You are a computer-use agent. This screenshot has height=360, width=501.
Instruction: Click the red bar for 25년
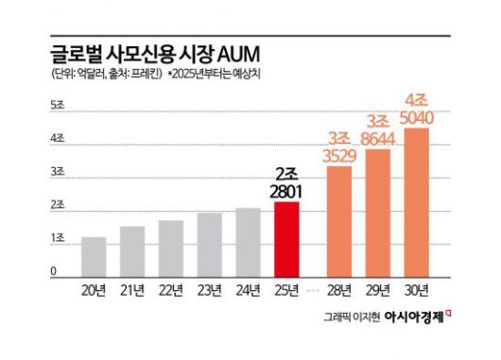pos(286,240)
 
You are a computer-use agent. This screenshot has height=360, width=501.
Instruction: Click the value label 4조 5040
pos(416,109)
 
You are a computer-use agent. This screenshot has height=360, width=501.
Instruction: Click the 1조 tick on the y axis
pos(57,237)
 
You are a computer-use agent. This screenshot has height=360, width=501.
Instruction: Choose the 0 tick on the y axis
pos(54,271)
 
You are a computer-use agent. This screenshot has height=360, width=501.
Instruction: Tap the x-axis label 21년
pos(132,289)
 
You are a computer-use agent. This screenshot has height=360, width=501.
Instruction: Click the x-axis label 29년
pos(378,289)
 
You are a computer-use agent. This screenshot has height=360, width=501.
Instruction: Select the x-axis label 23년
pos(209,289)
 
